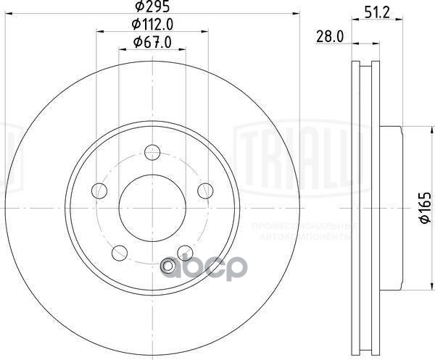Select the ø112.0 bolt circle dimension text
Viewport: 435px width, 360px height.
point(154,25)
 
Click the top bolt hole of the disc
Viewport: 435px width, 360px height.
point(152,152)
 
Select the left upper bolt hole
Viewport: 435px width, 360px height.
point(99,191)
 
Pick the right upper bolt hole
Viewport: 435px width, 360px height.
point(205,191)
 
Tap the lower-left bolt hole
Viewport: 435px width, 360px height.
point(120,254)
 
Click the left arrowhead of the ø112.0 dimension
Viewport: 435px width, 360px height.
point(99,31)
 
